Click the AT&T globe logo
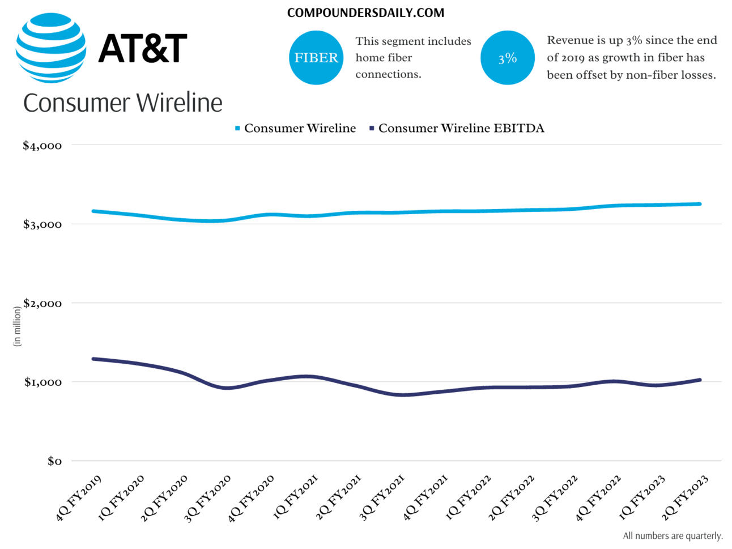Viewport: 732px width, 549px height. [x=51, y=48]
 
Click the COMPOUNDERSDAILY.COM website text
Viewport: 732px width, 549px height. [x=365, y=12]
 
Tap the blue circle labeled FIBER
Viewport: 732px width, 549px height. [x=316, y=58]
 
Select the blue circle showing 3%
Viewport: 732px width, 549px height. [x=508, y=58]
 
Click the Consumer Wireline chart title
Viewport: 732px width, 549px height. [x=123, y=103]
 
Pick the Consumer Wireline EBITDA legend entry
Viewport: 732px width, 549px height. [x=457, y=129]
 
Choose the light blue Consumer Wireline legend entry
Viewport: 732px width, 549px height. [x=295, y=129]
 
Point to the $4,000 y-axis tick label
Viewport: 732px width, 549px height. [x=42, y=146]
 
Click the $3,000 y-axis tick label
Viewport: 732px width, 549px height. [x=42, y=224]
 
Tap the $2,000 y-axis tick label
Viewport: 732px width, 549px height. [x=42, y=303]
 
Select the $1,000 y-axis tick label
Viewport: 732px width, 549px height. [x=42, y=382]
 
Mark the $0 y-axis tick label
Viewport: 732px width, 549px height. [x=54, y=461]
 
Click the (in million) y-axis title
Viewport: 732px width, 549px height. [x=17, y=326]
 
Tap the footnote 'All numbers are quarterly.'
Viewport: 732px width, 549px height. [x=673, y=536]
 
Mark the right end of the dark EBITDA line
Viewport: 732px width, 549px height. [x=700, y=380]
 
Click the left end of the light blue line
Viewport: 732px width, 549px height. [x=93, y=211]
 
